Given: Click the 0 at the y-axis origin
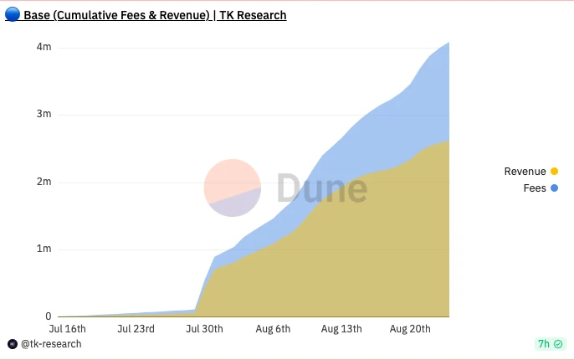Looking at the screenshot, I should point(48,316).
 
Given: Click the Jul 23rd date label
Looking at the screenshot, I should point(136,329).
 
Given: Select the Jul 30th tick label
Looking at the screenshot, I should point(203,329).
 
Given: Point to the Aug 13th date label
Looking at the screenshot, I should point(341,329).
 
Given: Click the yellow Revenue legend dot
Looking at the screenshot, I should point(554,172).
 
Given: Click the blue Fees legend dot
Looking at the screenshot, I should point(554,188).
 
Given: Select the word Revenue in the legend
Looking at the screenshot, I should point(525,172).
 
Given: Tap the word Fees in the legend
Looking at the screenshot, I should point(535,188).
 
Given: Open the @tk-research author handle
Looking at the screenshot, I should point(50,344).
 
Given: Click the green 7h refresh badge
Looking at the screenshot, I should point(549,344).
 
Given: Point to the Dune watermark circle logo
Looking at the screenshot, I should point(233,188).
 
